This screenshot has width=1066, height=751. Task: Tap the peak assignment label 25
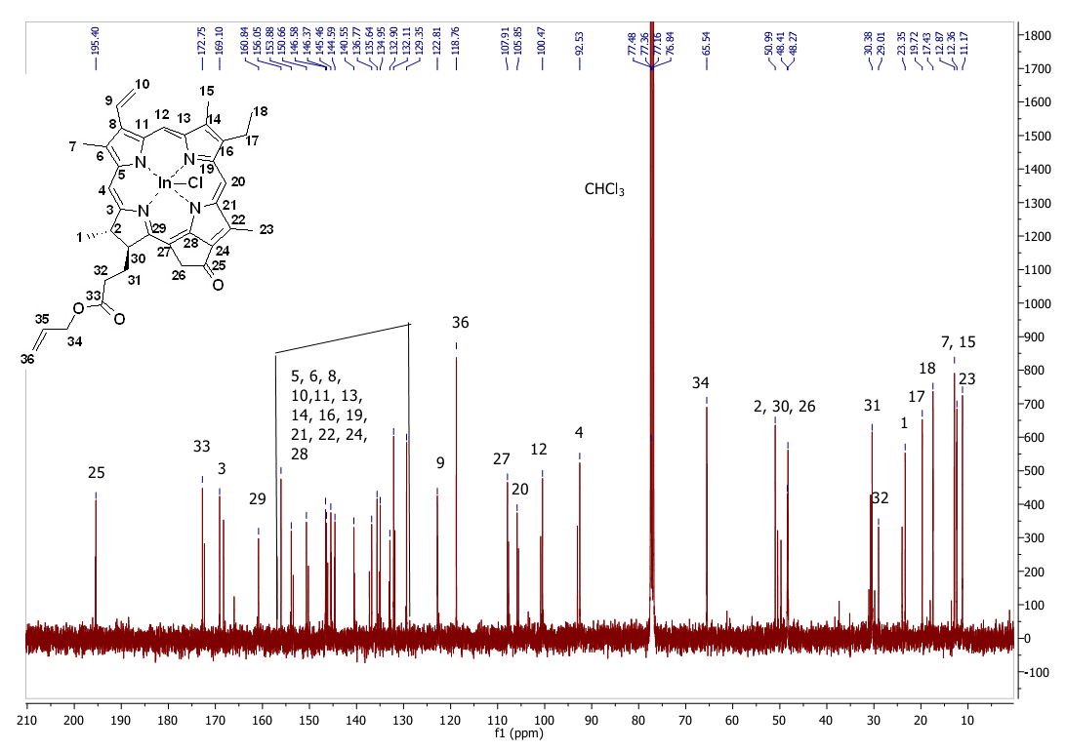coord(96,473)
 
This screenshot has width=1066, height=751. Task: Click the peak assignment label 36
coord(461,323)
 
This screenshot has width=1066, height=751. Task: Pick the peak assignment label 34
coord(700,383)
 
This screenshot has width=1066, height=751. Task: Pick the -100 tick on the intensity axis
coord(1037,673)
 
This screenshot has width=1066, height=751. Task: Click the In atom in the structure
coord(165,182)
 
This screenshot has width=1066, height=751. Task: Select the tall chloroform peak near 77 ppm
coord(651,293)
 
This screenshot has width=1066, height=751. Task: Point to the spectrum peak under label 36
coord(457,488)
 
